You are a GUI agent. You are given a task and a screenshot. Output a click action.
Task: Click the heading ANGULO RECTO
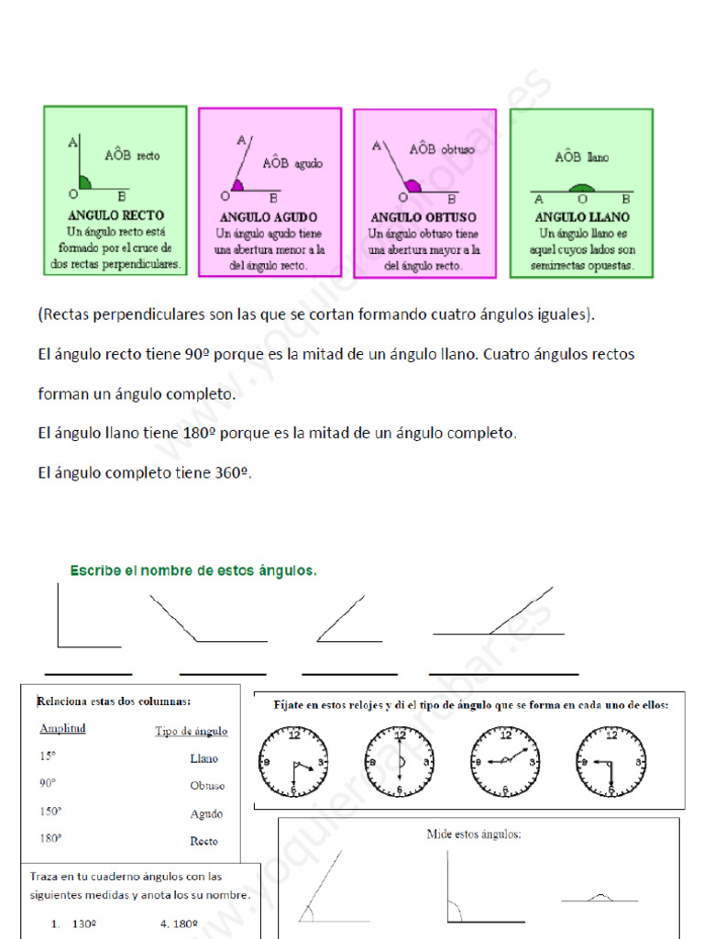coord(116,216)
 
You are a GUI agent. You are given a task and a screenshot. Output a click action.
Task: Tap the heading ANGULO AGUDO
coord(269,217)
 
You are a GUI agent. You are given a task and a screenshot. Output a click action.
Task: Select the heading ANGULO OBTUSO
coord(423,217)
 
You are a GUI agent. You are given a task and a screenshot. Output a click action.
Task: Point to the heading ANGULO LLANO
coord(581,217)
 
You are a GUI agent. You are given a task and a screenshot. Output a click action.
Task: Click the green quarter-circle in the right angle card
coord(84,182)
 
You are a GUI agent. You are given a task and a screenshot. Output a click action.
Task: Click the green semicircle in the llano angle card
coord(580,189)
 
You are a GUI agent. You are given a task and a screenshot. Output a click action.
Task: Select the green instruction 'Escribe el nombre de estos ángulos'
coord(193,570)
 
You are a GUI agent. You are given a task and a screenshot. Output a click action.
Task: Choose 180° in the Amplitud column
coord(50,837)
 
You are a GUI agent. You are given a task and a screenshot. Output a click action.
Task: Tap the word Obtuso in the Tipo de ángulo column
coord(207,786)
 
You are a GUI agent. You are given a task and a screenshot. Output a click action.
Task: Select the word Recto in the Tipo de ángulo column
coord(203,841)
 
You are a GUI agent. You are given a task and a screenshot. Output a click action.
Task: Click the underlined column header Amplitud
coord(62,728)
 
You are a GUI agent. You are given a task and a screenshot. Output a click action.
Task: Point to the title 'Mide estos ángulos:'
coord(473,834)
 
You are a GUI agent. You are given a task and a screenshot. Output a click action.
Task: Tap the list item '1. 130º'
coord(74,923)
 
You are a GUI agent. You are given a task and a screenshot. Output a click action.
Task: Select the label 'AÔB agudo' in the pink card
coord(292,163)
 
